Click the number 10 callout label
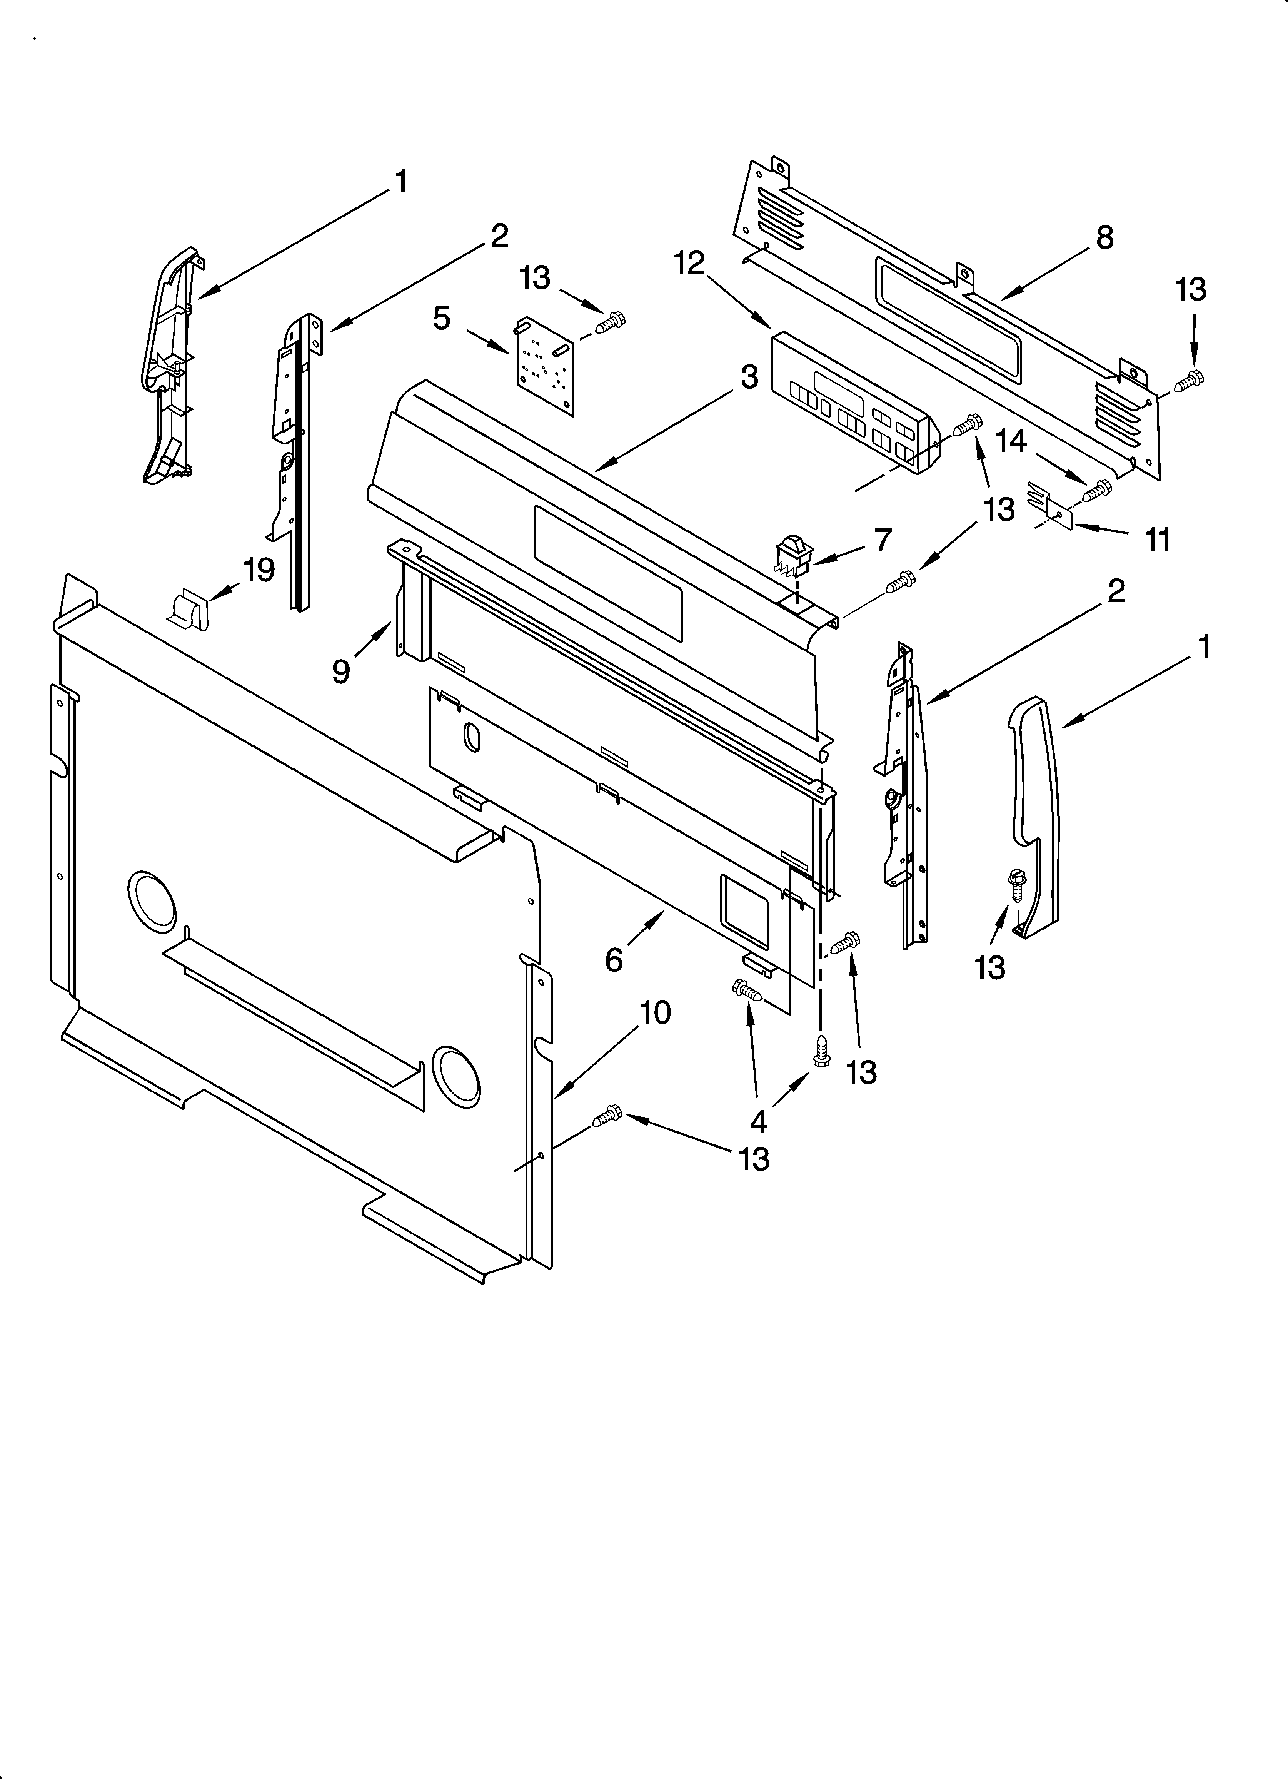click(x=655, y=1013)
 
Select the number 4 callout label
click(x=758, y=1123)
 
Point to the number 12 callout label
click(x=689, y=264)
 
